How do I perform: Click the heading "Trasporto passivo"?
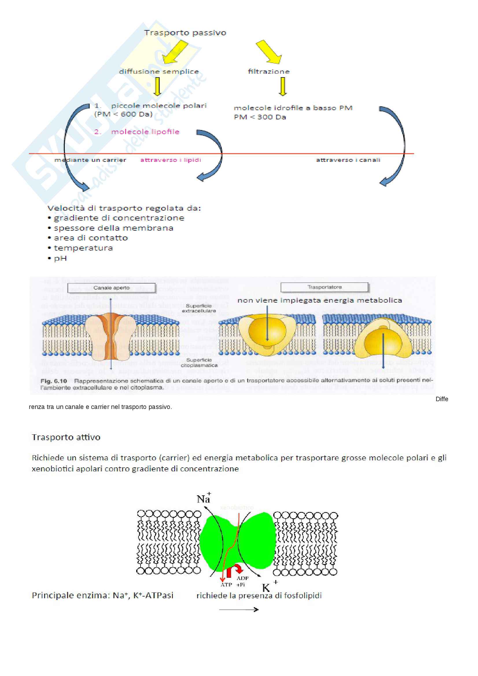185,33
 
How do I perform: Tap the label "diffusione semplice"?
159,72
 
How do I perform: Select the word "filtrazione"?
269,72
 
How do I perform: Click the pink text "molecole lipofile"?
145,132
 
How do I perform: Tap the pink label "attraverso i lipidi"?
171,160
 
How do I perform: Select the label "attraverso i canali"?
348,160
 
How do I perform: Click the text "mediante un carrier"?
90,160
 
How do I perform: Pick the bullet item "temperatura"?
83,248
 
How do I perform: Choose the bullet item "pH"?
60,258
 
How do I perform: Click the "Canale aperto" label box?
111,288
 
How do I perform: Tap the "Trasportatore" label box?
324,287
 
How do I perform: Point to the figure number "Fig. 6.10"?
54,381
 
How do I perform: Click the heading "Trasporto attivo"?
66,437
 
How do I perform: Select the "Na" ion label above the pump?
204,499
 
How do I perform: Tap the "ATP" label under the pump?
226,585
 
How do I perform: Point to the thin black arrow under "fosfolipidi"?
239,610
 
